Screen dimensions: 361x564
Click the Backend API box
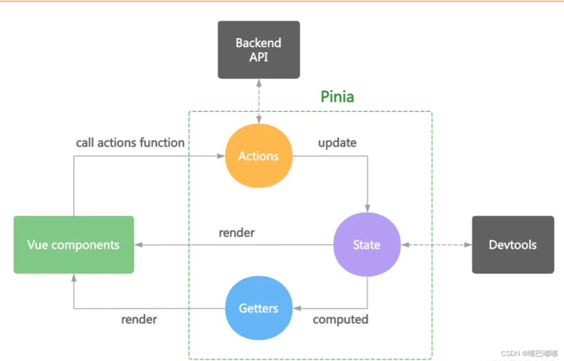(x=259, y=50)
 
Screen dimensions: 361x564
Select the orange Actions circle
(x=258, y=156)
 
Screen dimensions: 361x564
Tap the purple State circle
(x=366, y=245)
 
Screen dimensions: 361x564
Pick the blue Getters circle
(x=258, y=308)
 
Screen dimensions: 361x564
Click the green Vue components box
(x=73, y=245)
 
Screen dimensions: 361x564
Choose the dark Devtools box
(x=513, y=245)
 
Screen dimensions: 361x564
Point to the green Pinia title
(x=337, y=97)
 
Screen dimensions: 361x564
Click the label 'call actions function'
(x=130, y=143)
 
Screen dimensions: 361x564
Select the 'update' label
(x=337, y=143)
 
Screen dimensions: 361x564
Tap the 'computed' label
(x=340, y=320)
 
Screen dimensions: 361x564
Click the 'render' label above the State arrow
(x=237, y=233)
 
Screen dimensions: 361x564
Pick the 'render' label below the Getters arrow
(x=139, y=320)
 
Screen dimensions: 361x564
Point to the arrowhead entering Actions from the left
(x=221, y=156)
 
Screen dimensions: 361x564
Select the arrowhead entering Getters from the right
(x=296, y=308)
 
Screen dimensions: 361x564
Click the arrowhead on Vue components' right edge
(x=138, y=245)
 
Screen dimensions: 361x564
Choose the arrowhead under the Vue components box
(x=73, y=278)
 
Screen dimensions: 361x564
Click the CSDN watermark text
(x=529, y=353)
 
